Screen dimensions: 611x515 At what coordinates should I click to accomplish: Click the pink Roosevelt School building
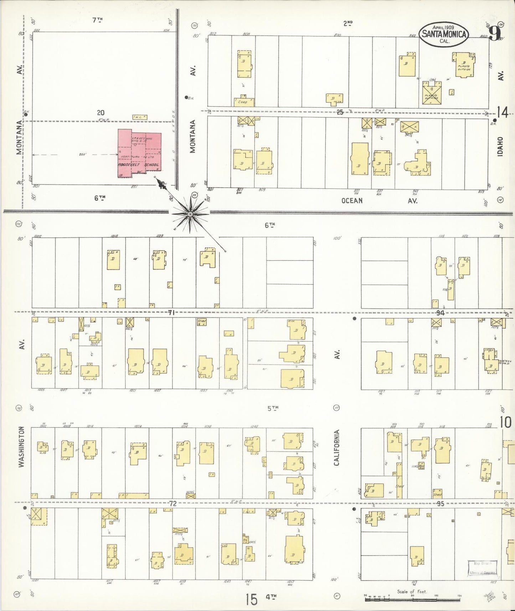click(x=139, y=153)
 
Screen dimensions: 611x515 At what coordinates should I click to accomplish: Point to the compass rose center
click(x=190, y=214)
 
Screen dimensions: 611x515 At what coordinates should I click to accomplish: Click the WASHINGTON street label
click(x=22, y=447)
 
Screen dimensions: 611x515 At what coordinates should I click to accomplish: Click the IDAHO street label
click(x=500, y=147)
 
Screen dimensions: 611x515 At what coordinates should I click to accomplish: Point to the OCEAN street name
click(x=352, y=201)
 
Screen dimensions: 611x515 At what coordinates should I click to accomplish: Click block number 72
click(x=172, y=503)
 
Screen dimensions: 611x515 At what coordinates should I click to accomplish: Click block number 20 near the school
click(x=101, y=113)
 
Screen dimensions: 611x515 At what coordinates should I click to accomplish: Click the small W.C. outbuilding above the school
click(x=139, y=117)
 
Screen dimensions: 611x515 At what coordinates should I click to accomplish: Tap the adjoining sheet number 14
click(x=503, y=113)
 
